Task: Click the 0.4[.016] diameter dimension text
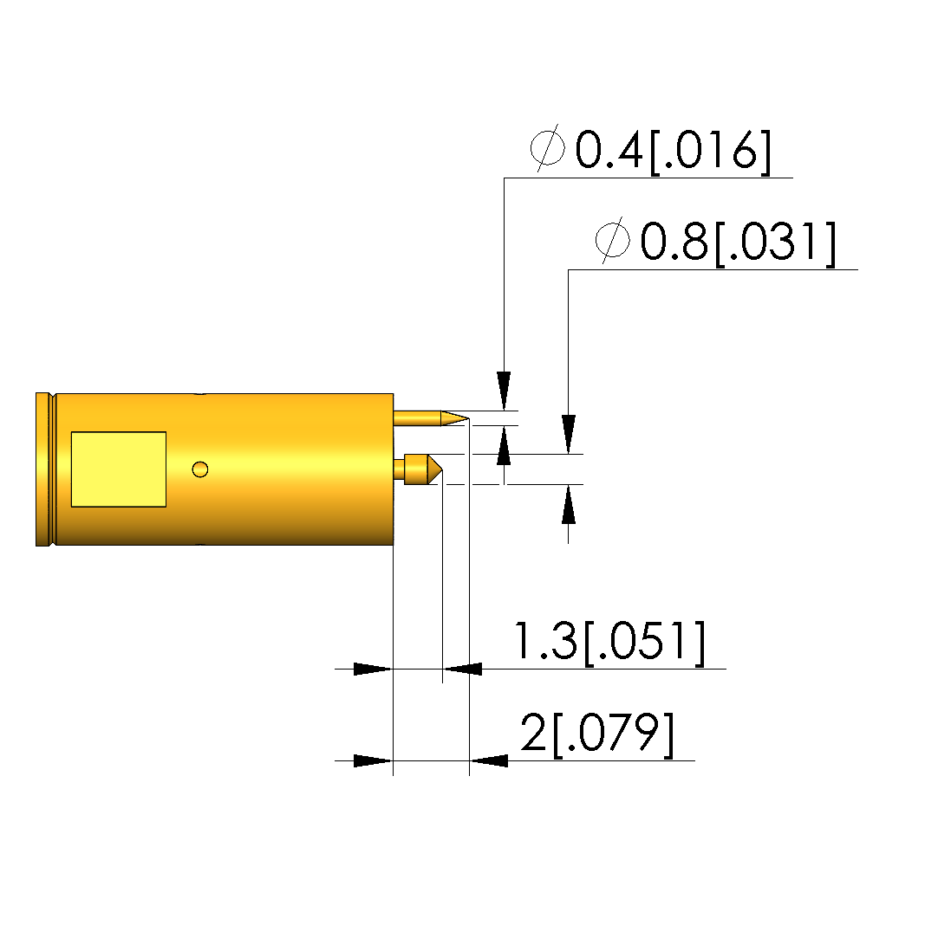click(x=673, y=150)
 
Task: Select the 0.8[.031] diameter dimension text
click(x=738, y=242)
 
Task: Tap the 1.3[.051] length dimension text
click(x=609, y=641)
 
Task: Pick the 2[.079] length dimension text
click(x=597, y=733)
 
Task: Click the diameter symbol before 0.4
click(x=548, y=148)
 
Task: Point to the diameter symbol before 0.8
click(x=612, y=240)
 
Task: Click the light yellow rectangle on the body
click(x=119, y=469)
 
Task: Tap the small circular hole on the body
click(x=200, y=469)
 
